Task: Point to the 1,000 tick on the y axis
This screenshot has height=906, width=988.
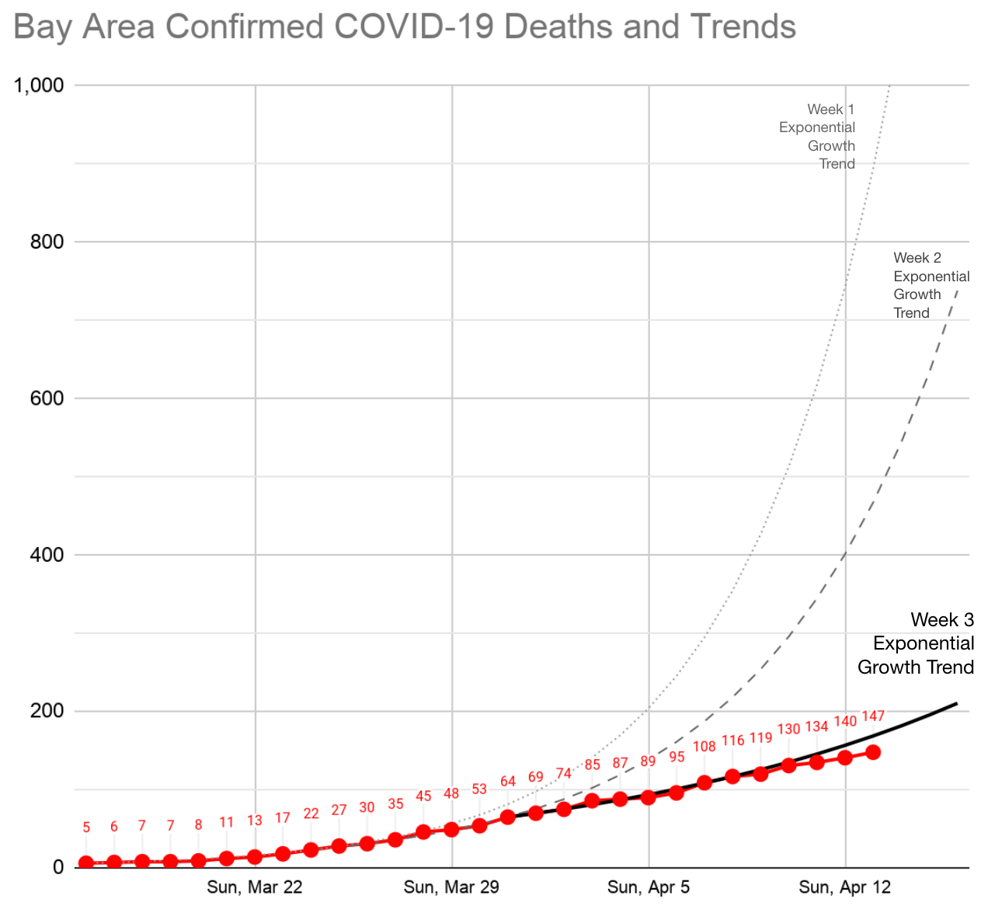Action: click(x=38, y=85)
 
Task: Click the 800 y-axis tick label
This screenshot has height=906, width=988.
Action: click(x=47, y=242)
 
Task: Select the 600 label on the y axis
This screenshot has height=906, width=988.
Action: click(x=47, y=398)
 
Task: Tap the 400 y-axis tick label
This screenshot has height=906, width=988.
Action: click(x=47, y=555)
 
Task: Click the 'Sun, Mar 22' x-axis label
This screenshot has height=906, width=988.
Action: click(x=255, y=887)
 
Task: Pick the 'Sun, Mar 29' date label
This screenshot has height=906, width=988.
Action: click(x=451, y=887)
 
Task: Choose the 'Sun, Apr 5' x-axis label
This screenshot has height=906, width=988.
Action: click(x=649, y=887)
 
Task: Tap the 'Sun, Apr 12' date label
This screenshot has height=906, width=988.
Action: click(x=845, y=887)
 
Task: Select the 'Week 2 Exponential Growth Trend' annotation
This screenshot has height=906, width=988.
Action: click(x=930, y=285)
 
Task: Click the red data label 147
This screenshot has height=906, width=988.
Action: click(x=873, y=716)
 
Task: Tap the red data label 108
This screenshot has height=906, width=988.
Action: click(x=704, y=747)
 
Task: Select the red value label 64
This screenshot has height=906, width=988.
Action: click(x=508, y=781)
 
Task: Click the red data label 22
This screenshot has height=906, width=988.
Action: click(x=311, y=814)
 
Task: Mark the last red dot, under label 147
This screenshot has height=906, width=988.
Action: click(x=873, y=752)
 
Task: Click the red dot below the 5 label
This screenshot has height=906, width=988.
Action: click(x=86, y=863)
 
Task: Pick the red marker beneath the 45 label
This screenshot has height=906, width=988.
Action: click(x=423, y=832)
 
